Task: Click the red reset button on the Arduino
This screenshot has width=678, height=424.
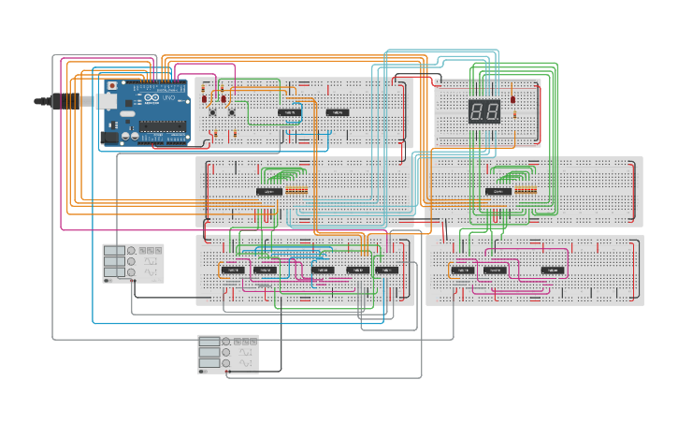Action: tap(113, 84)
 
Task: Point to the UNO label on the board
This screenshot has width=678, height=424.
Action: tap(168, 98)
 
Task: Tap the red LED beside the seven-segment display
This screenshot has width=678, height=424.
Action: tap(513, 99)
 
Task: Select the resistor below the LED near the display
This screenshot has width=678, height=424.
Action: tap(514, 115)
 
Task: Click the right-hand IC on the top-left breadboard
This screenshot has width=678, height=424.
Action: tap(337, 112)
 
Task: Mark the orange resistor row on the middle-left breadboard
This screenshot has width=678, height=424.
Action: tap(296, 191)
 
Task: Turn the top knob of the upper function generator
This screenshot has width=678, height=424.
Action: tap(131, 251)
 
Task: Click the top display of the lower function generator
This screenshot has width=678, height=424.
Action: tap(209, 342)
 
